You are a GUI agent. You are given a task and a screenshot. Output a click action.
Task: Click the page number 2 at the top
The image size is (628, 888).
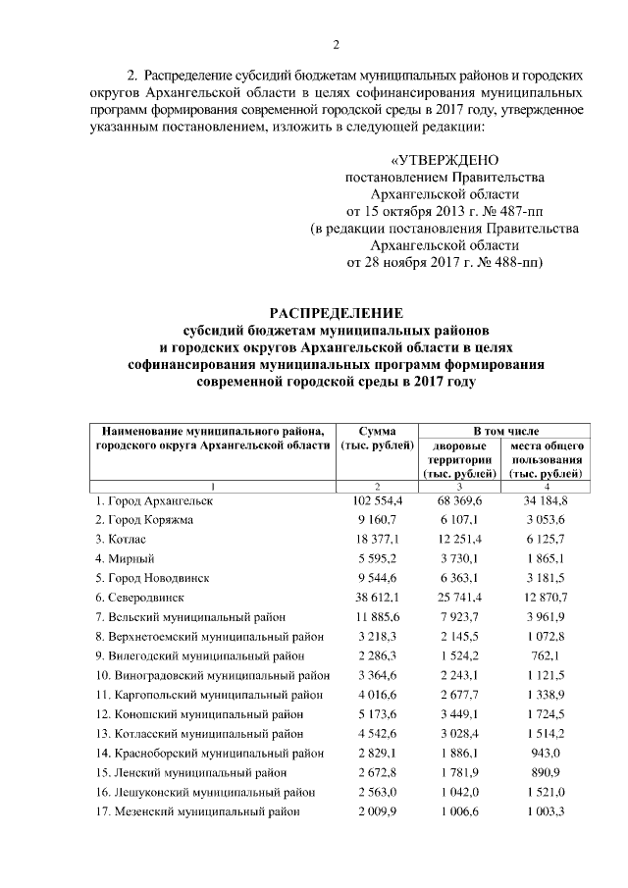(335, 44)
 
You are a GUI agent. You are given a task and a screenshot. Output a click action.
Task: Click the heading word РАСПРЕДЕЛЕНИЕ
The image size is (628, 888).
(337, 313)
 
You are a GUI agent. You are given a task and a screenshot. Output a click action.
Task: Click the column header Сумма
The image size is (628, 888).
(377, 430)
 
